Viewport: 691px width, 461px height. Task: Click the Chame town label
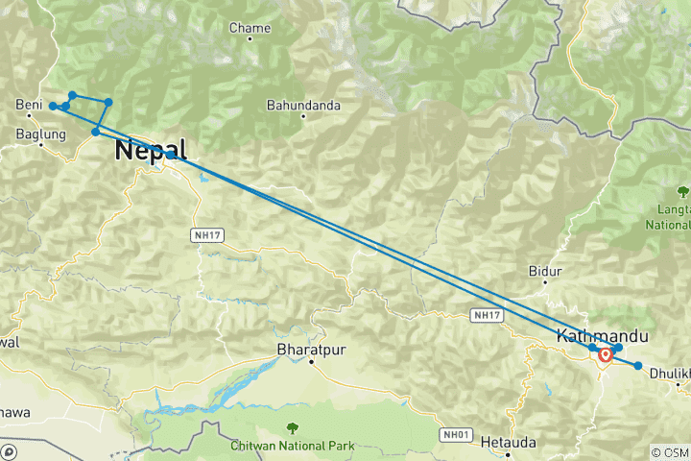point(250,28)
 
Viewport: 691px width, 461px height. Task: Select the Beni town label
point(29,105)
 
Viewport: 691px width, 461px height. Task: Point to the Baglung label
point(41,134)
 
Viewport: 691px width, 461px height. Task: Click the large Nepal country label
point(150,149)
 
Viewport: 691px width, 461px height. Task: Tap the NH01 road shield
point(456,435)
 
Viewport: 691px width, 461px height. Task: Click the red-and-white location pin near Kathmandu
point(607,355)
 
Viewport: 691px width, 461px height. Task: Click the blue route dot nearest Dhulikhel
point(638,365)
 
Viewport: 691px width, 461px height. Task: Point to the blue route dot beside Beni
point(54,106)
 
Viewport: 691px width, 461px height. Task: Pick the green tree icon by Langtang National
point(683,189)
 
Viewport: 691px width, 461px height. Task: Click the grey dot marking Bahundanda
point(304,117)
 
